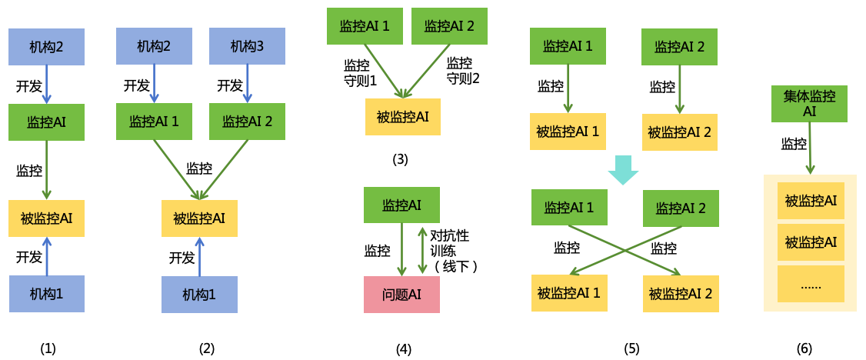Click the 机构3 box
coord(247,47)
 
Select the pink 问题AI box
coord(401,295)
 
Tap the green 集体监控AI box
coord(809,104)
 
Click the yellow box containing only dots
coord(811,284)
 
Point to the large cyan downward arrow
coord(623,170)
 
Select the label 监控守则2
coord(463,71)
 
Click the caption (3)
coord(400,160)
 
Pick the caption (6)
coord(804,348)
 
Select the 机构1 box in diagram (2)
coord(199,295)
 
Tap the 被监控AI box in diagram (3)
coord(402,117)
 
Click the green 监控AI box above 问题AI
coord(401,205)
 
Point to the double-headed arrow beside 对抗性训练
coord(421,250)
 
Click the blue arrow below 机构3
coord(247,84)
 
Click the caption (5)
coord(631,348)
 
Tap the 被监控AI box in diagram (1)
coord(46,218)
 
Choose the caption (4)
coord(404,348)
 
